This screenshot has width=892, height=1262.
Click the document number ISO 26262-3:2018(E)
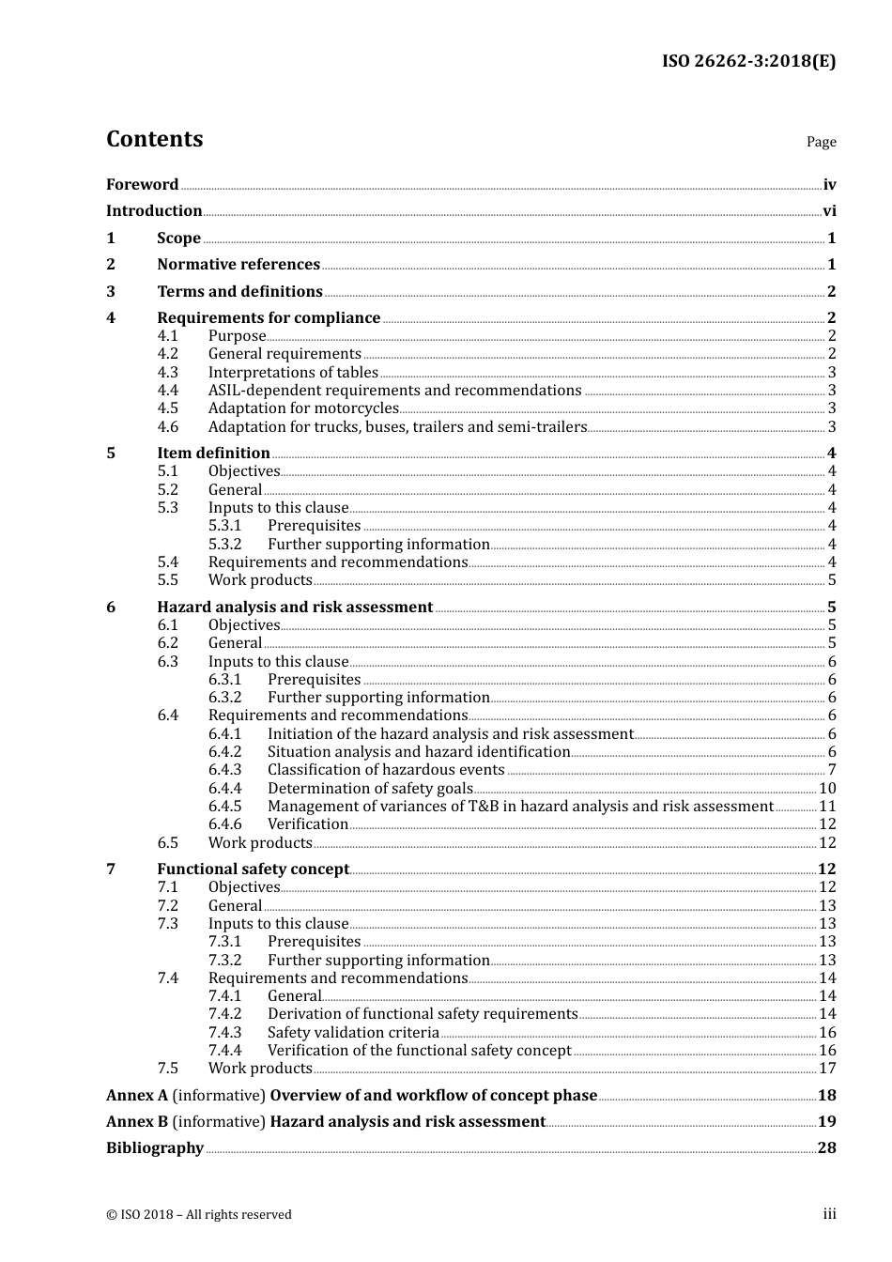[748, 61]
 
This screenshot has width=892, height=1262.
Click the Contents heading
[154, 139]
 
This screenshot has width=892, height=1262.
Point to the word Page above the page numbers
[821, 142]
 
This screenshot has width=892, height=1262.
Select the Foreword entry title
[142, 185]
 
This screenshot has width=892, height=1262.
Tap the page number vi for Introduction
[829, 211]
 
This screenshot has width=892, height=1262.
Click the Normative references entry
[238, 265]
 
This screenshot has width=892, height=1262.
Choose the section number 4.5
[167, 408]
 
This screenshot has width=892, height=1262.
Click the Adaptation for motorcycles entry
[303, 408]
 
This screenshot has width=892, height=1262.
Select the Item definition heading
[213, 454]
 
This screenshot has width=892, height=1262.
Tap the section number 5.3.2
[224, 545]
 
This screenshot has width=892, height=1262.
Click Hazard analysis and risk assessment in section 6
[295, 608]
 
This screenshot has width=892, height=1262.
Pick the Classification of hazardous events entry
[386, 770]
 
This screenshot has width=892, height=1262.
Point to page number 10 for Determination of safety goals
[827, 789]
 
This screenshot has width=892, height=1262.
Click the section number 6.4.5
[224, 807]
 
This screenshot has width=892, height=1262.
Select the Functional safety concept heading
[253, 870]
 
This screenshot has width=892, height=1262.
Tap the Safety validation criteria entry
[353, 1033]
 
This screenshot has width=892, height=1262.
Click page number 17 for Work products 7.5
[827, 1069]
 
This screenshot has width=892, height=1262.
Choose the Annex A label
[137, 1096]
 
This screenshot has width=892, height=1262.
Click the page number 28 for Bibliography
[826, 1148]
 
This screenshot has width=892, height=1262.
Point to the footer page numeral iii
[829, 1214]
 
